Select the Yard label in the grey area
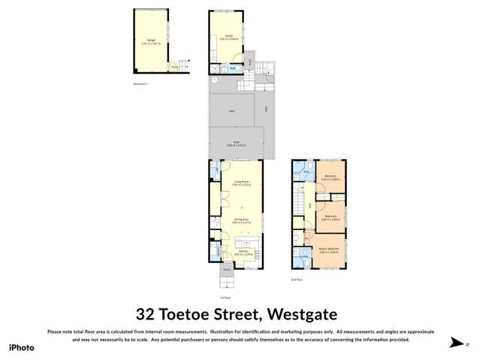pyautogui.click(x=232, y=111)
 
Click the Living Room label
pyautogui.click(x=242, y=183)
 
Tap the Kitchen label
pyautogui.click(x=244, y=253)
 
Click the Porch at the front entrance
pyautogui.click(x=227, y=269)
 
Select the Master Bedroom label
pyautogui.click(x=328, y=250)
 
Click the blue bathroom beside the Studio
pyautogui.click(x=234, y=68)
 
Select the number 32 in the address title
pyautogui.click(x=146, y=314)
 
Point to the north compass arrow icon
pyautogui.click(x=455, y=343)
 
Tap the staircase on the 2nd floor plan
pyautogui.click(x=309, y=206)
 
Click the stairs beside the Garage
pyautogui.click(x=180, y=66)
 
